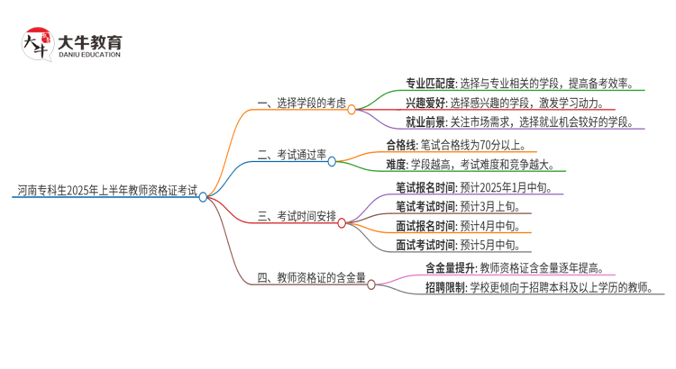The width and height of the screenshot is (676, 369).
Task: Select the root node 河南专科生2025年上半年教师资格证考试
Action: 106,191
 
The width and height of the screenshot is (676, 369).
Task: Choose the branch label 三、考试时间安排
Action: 297,217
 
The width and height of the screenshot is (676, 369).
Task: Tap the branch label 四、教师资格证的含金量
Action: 311,278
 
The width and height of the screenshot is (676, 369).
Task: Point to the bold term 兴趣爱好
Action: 425,103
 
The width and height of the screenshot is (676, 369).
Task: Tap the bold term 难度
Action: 396,165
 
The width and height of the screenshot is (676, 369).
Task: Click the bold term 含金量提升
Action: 451,268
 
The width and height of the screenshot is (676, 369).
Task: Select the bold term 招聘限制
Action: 444,287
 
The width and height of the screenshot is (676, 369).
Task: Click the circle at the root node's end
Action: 204,196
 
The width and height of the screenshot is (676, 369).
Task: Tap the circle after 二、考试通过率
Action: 332,161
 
